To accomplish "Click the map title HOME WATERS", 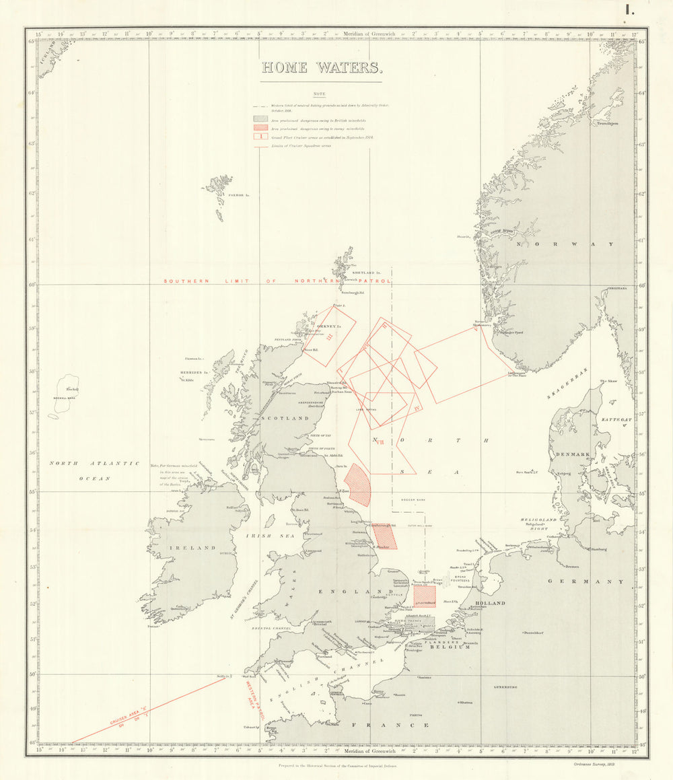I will [322, 68].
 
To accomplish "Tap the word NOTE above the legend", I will [320, 94].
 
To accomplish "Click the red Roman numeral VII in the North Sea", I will [380, 442].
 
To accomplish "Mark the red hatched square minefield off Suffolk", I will [425, 596].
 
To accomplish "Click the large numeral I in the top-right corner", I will [630, 9].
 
